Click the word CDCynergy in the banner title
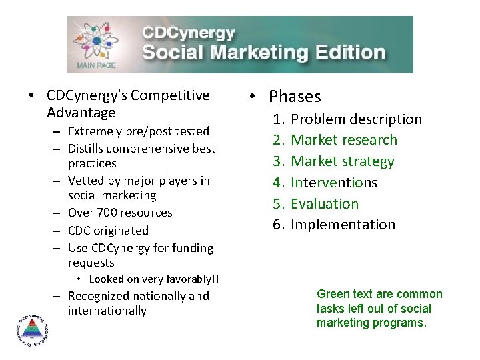coord(188,33)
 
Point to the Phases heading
coord(295,97)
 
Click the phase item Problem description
coord(357,119)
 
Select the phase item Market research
coord(344,140)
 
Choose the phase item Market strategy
coord(343,161)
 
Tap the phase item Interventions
coord(334,183)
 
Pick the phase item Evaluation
coord(325,204)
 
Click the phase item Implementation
coord(343,225)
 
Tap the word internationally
coord(107,311)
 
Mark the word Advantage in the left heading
coord(81,113)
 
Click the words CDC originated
coord(108,230)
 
